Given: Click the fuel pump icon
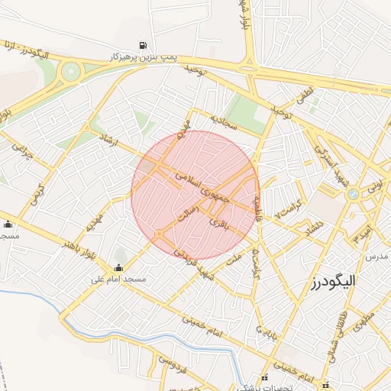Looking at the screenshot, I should [143, 45].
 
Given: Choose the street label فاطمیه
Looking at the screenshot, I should [257, 206].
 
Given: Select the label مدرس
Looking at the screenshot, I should [376, 257].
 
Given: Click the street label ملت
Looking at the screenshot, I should [235, 260].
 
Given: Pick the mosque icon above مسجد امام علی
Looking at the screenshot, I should [118, 267].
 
